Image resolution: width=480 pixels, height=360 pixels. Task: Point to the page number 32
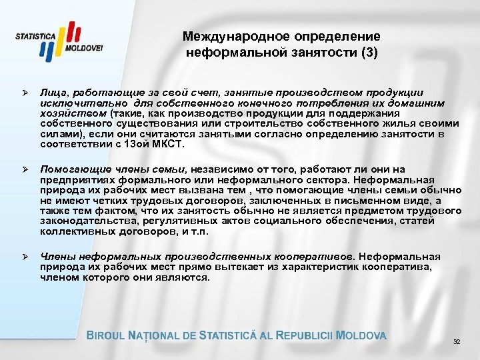(457, 343)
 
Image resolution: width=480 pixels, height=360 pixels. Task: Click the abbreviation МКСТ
(171, 143)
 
